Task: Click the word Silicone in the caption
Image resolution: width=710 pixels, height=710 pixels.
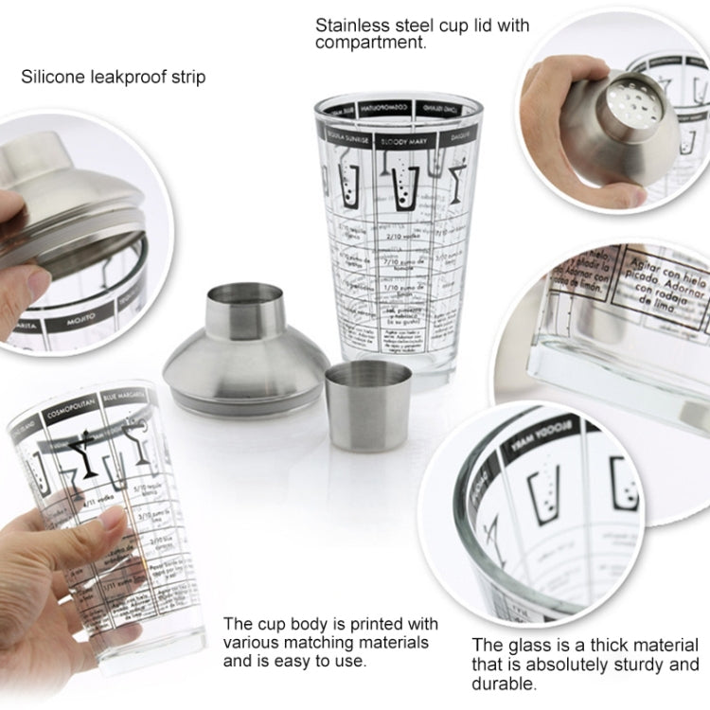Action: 51,76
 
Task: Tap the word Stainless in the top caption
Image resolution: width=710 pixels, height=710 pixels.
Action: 351,26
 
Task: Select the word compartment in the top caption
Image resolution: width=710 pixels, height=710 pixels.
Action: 371,44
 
